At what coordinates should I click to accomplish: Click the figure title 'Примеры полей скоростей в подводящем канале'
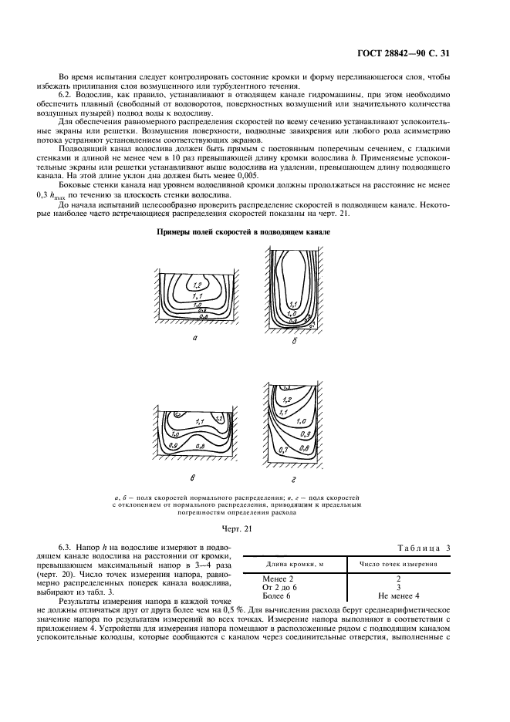click(244, 231)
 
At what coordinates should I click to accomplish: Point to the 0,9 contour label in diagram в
click(174, 445)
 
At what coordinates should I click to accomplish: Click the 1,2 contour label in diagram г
click(288, 400)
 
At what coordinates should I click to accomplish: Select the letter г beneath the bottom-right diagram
click(297, 478)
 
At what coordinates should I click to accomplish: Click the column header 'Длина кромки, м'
click(292, 564)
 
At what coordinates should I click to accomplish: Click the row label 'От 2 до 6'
click(280, 587)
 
